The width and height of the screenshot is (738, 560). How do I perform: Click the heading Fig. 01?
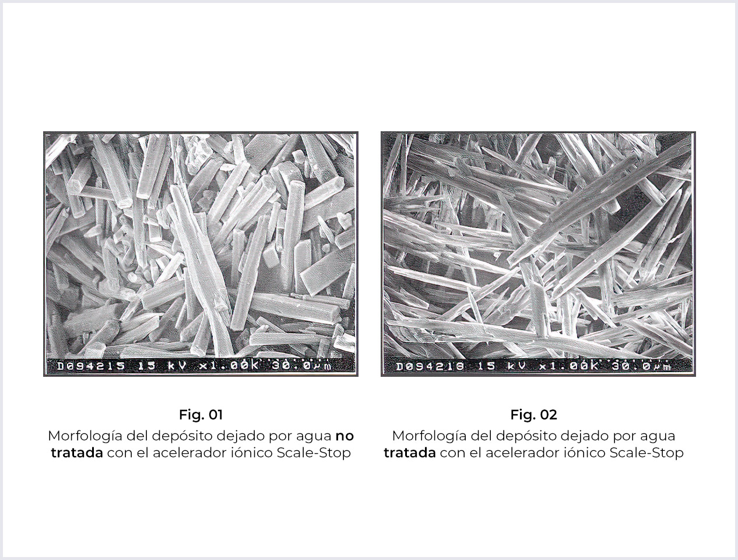point(201,415)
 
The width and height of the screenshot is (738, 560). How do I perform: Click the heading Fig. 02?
point(534,415)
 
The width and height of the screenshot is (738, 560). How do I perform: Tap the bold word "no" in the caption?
point(345,436)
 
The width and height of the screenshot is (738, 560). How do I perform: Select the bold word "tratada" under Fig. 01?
point(77,453)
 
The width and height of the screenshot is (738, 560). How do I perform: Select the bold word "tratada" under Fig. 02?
point(410,453)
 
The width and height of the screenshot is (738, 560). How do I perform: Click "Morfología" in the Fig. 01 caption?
point(85,436)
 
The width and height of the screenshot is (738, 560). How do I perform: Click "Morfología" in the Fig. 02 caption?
point(430,436)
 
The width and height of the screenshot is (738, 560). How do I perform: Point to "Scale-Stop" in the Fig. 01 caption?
point(314,453)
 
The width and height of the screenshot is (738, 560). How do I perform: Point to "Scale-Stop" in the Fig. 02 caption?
point(646,453)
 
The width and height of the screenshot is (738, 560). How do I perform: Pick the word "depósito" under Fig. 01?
point(182,436)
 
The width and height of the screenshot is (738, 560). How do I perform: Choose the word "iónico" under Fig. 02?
point(584,453)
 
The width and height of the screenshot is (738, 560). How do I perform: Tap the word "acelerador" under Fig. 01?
point(189,453)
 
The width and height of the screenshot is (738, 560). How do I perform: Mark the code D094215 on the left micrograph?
point(91,366)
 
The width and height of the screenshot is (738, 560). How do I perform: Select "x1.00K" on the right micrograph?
point(569,366)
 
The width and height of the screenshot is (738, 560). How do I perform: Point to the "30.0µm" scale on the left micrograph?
point(301,366)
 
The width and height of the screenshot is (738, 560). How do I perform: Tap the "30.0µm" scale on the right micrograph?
point(641,366)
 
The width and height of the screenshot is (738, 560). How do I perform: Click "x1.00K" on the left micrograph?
point(229,366)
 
